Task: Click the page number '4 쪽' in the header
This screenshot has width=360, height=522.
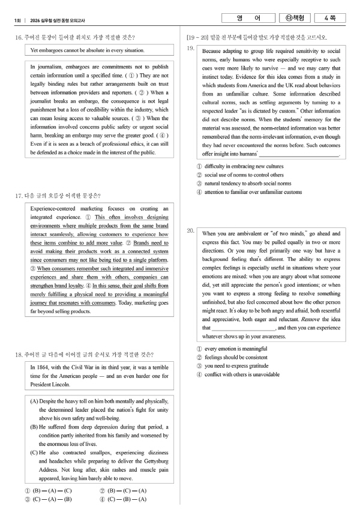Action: tap(333, 19)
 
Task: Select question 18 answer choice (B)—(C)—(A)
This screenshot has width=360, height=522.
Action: tap(123, 491)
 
